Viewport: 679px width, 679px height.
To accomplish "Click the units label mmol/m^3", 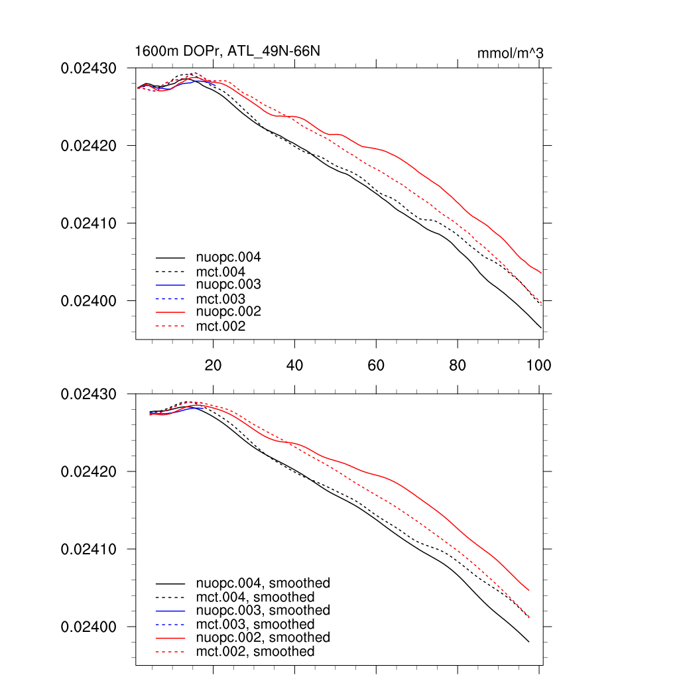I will pyautogui.click(x=510, y=53).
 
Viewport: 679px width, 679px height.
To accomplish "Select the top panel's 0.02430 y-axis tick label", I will pyautogui.click(x=89, y=68).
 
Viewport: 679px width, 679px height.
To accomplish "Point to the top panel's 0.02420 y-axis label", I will pyautogui.click(x=89, y=145).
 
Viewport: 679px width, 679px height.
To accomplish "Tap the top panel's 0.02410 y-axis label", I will pyautogui.click(x=89, y=223).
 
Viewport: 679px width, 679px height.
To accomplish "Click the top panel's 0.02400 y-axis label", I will pyautogui.click(x=89, y=300).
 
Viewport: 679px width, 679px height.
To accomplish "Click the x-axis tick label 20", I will pyautogui.click(x=213, y=365).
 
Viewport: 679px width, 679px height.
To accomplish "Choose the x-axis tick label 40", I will pyautogui.click(x=294, y=365).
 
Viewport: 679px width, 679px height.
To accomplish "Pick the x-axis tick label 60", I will pyautogui.click(x=376, y=365).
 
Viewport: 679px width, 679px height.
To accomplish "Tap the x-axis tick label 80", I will pyautogui.click(x=458, y=365).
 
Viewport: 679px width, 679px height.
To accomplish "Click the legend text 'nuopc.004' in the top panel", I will pyautogui.click(x=228, y=257).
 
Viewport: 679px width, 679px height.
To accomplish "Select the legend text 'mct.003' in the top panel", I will pyautogui.click(x=221, y=299).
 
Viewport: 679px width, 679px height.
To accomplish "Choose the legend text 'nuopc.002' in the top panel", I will pyautogui.click(x=228, y=312).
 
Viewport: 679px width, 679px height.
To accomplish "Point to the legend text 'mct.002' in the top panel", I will pyautogui.click(x=221, y=326).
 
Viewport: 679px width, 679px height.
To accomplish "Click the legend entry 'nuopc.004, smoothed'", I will pyautogui.click(x=263, y=584).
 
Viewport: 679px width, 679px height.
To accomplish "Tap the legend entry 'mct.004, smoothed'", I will pyautogui.click(x=255, y=597).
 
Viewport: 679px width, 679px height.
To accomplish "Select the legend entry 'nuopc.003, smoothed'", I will pyautogui.click(x=263, y=610).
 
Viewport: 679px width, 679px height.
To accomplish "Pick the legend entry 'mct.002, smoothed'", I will pyautogui.click(x=255, y=652).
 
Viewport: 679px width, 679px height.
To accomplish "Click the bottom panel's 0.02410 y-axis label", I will pyautogui.click(x=89, y=549).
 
